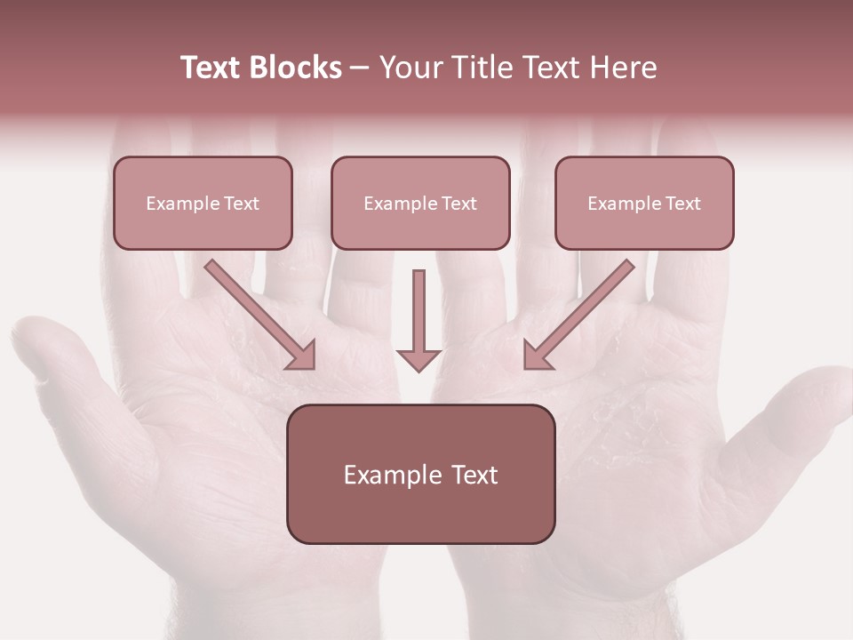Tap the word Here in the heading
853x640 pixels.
(623, 68)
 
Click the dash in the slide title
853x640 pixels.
(360, 68)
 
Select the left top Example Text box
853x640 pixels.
(203, 203)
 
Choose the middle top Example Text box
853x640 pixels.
(420, 203)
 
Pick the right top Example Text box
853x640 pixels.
(644, 203)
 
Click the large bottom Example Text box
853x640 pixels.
(420, 474)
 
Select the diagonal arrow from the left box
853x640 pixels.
(260, 314)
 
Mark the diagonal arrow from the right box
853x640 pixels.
(579, 314)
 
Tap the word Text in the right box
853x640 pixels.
(683, 204)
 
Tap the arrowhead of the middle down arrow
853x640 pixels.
(419, 359)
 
